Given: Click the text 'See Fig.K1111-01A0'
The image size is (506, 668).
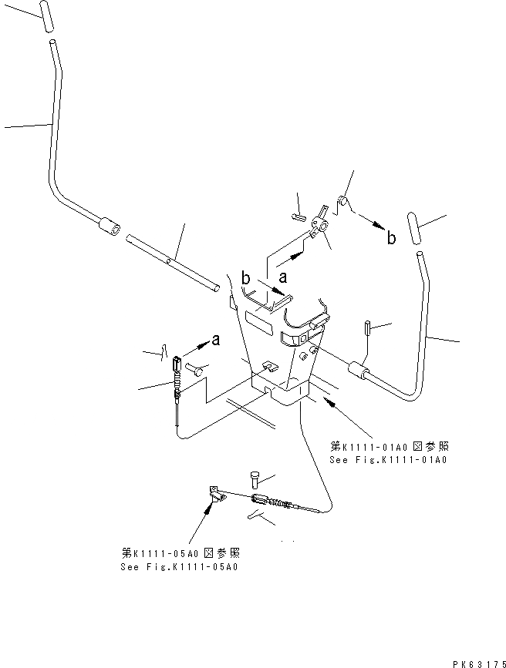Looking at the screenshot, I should (x=388, y=460).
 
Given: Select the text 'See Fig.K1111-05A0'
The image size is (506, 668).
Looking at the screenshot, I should (x=179, y=566).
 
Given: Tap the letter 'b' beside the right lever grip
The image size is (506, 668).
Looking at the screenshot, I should (x=392, y=238).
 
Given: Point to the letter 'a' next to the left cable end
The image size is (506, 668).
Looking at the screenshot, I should (x=215, y=340).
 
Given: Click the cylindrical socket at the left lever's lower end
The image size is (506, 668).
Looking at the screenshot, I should (x=107, y=227).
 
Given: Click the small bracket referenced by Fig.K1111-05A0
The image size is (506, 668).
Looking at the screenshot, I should (x=217, y=493).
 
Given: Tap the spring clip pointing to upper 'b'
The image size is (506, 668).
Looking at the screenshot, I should (x=342, y=204).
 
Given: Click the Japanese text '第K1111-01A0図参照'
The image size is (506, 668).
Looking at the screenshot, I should (x=388, y=447).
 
